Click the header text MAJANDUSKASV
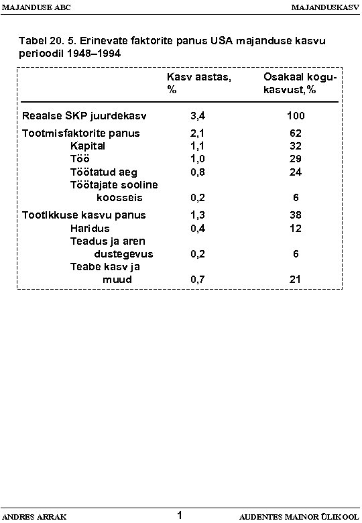pos(324,7)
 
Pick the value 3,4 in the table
pos(198,116)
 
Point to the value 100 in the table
pos(296,116)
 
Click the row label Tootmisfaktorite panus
pos(81,133)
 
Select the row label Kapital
pos(88,146)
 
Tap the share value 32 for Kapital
pos(296,146)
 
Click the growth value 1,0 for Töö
pos(198,159)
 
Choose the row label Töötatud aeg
pos(104,172)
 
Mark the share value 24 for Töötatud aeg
pos(296,172)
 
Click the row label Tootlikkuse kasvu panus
pos(84,215)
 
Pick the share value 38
pos(296,215)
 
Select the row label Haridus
pos(88,228)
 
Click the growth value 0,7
pos(198,280)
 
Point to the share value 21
pos(296,280)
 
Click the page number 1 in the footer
pos(180,515)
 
